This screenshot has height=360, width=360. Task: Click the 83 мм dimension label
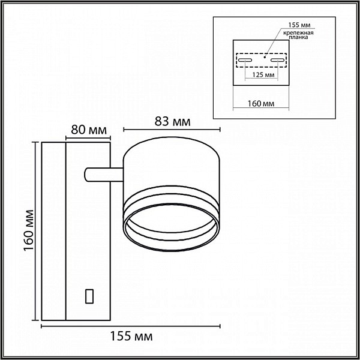coord(172,121)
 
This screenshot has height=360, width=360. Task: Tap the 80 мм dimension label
coord(89,130)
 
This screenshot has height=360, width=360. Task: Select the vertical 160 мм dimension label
coord(29,230)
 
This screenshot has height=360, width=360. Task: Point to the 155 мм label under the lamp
coord(131,337)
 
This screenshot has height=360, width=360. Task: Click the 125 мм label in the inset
coord(263,75)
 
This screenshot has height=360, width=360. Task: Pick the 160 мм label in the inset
coord(261,104)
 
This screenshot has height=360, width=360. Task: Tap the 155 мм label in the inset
coord(299,25)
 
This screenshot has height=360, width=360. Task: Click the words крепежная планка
coord(298,35)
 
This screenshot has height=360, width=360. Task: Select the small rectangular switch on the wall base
coord(89,296)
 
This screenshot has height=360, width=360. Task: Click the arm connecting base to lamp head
coord(104,175)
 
